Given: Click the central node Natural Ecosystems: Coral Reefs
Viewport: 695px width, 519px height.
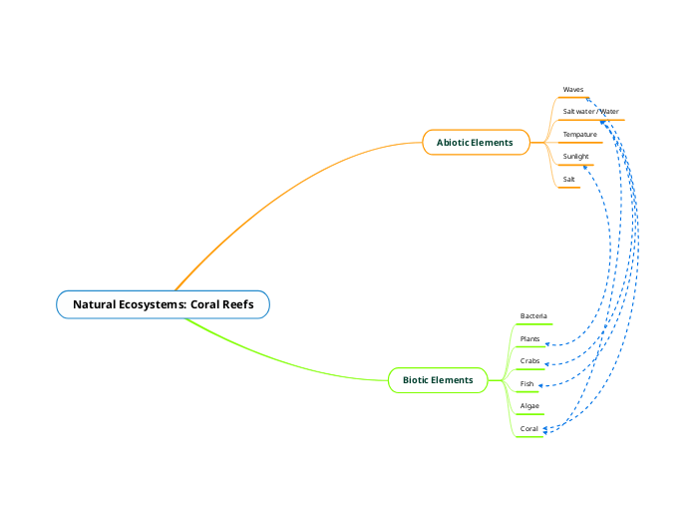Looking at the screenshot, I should pyautogui.click(x=163, y=304).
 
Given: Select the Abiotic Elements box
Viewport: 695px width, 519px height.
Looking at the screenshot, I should pyautogui.click(x=475, y=143).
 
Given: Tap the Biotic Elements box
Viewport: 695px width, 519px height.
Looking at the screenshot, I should pyautogui.click(x=438, y=380).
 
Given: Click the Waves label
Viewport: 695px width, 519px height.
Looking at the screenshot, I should pyautogui.click(x=573, y=90).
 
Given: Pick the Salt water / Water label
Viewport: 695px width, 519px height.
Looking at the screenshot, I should pyautogui.click(x=590, y=112).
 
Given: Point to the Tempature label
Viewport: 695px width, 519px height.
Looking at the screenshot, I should pyautogui.click(x=579, y=135).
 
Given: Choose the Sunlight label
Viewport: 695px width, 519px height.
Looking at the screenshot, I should pyautogui.click(x=575, y=157).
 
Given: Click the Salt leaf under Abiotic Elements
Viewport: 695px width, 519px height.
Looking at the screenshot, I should pyautogui.click(x=568, y=180).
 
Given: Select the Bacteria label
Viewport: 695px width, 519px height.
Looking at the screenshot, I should pyautogui.click(x=533, y=316).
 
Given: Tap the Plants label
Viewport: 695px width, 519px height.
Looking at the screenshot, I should pyautogui.click(x=529, y=339).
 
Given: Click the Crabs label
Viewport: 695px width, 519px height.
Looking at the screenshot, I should pyautogui.click(x=529, y=361).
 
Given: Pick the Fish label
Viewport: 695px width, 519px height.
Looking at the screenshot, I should pyautogui.click(x=526, y=384).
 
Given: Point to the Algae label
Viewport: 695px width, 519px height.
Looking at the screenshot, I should pyautogui.click(x=529, y=407).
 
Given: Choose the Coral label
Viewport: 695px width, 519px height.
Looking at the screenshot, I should pyautogui.click(x=528, y=429).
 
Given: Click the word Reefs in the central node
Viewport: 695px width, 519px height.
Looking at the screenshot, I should pyautogui.click(x=235, y=304).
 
